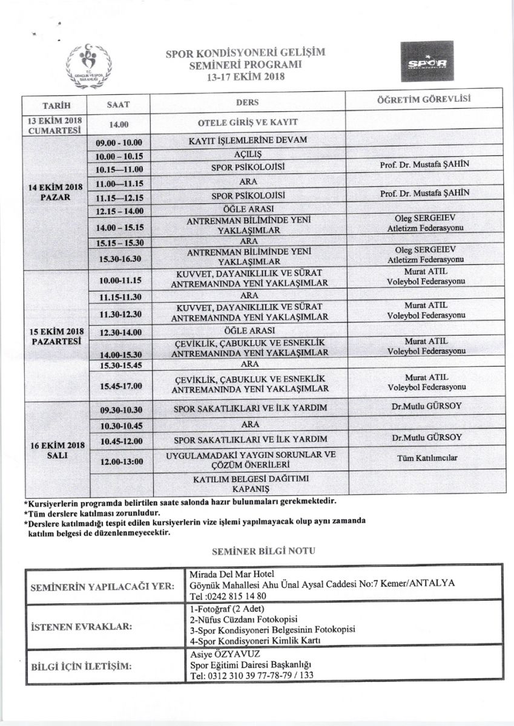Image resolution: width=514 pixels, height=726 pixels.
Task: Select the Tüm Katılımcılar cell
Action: click(425, 458)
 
